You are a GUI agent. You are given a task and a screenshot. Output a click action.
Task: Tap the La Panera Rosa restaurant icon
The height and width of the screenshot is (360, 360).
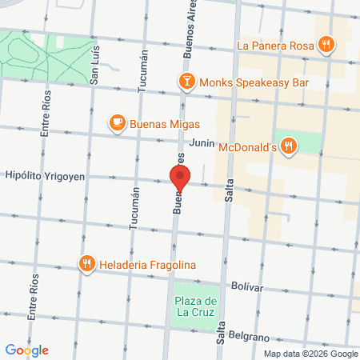click(x=325, y=46)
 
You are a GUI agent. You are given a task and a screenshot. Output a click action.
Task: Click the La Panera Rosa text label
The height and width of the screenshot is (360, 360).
click(x=274, y=46)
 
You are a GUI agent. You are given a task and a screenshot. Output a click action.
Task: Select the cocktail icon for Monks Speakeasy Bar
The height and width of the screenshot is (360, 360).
click(x=186, y=81)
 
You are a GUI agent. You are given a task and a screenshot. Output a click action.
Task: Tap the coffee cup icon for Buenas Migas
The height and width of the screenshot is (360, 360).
click(x=118, y=123)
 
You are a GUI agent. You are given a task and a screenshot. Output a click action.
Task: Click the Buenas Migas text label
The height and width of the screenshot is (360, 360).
click(x=166, y=124)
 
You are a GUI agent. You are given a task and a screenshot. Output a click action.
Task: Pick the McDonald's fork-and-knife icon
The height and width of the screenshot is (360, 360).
click(x=289, y=146)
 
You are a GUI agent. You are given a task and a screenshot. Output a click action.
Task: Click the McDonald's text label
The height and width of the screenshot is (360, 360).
click(x=247, y=146)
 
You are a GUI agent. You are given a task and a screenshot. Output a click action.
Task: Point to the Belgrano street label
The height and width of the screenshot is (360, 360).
click(x=247, y=337)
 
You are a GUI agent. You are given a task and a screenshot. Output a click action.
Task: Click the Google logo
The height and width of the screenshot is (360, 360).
click(x=26, y=350)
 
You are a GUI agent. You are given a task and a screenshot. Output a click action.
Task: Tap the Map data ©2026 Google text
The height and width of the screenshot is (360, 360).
click(x=311, y=354)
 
